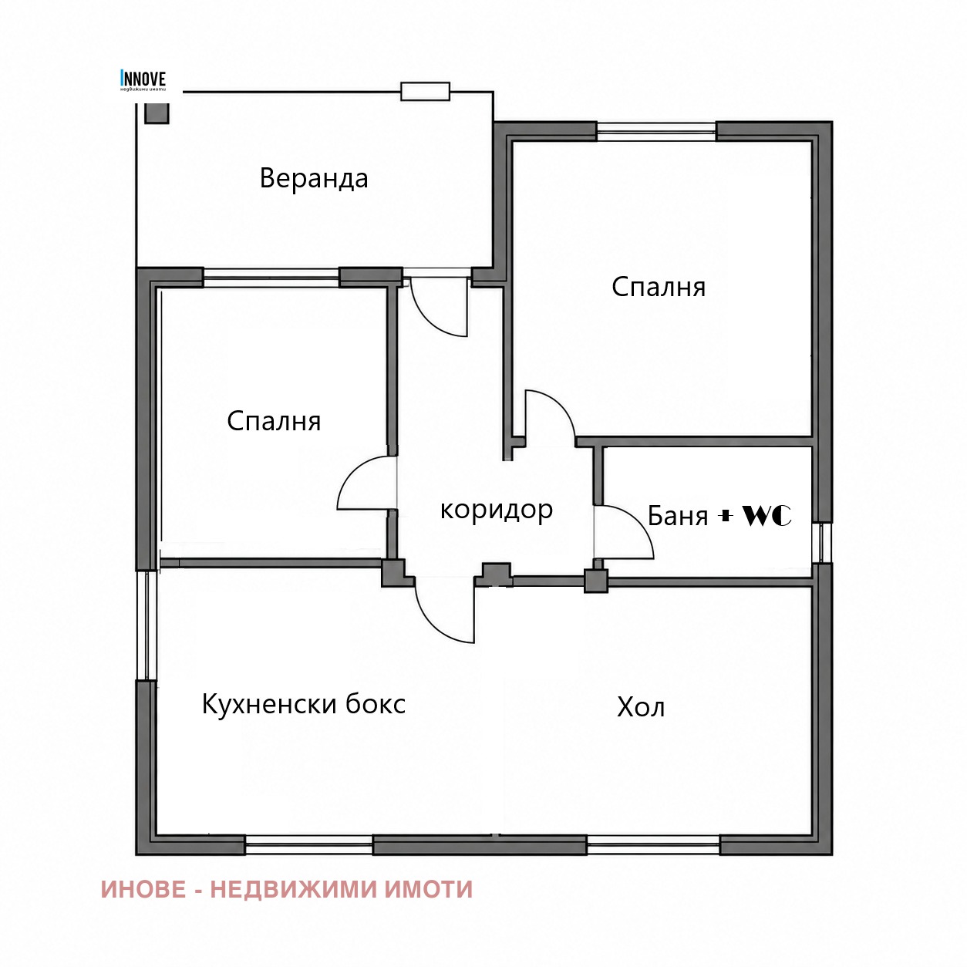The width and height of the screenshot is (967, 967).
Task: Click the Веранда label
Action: pos(314,179)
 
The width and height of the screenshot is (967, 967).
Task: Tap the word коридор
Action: pos(497,510)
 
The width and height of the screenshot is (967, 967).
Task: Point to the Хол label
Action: pos(641,708)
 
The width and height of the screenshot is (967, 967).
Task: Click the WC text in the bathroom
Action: pos(767,515)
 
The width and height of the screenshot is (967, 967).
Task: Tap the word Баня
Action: pos(678,516)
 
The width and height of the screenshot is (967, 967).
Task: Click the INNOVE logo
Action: pos(143,81)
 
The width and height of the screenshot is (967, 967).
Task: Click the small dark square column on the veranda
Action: pos(157,113)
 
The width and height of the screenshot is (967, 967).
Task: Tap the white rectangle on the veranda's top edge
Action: pos(425,91)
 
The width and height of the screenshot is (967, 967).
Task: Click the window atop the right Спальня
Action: pos(656,131)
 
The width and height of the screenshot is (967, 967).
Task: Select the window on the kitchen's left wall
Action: pos(146,625)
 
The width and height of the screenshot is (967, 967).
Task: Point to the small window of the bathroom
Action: pos(821,542)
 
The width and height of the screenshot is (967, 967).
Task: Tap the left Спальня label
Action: pos(274,422)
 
